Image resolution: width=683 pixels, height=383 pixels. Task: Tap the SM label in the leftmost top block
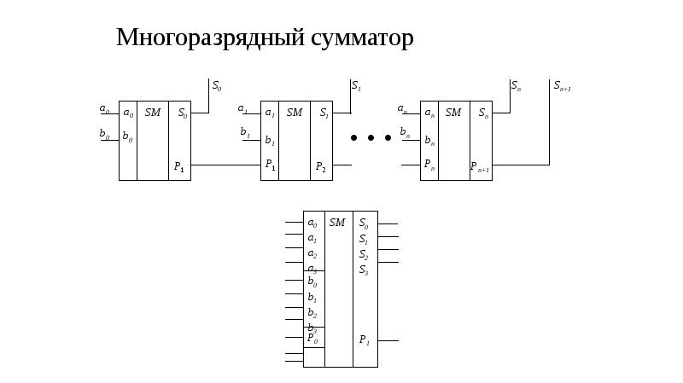(153, 113)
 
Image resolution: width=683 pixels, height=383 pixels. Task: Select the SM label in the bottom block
(337, 223)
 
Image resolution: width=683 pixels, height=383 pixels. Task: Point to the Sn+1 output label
(562, 85)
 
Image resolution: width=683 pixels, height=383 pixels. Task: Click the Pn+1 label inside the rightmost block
(480, 167)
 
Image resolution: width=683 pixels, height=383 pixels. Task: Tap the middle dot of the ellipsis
(371, 137)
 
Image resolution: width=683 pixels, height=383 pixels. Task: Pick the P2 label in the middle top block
(320, 167)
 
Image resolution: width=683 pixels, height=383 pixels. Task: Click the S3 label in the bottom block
(364, 270)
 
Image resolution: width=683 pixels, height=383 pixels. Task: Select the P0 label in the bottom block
(312, 339)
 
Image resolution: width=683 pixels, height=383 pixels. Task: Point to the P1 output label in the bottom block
(364, 340)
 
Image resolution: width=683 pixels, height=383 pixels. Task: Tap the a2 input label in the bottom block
(312, 254)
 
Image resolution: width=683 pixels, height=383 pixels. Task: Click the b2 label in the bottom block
(312, 313)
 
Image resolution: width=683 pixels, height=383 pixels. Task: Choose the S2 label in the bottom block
(364, 254)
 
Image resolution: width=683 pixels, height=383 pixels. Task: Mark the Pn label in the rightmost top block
(429, 165)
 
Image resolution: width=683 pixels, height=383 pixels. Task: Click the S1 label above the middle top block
(356, 86)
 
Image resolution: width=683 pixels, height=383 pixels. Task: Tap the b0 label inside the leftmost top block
(127, 136)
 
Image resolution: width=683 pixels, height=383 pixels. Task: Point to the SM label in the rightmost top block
(453, 113)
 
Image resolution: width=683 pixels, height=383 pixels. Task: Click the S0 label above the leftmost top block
(217, 86)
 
